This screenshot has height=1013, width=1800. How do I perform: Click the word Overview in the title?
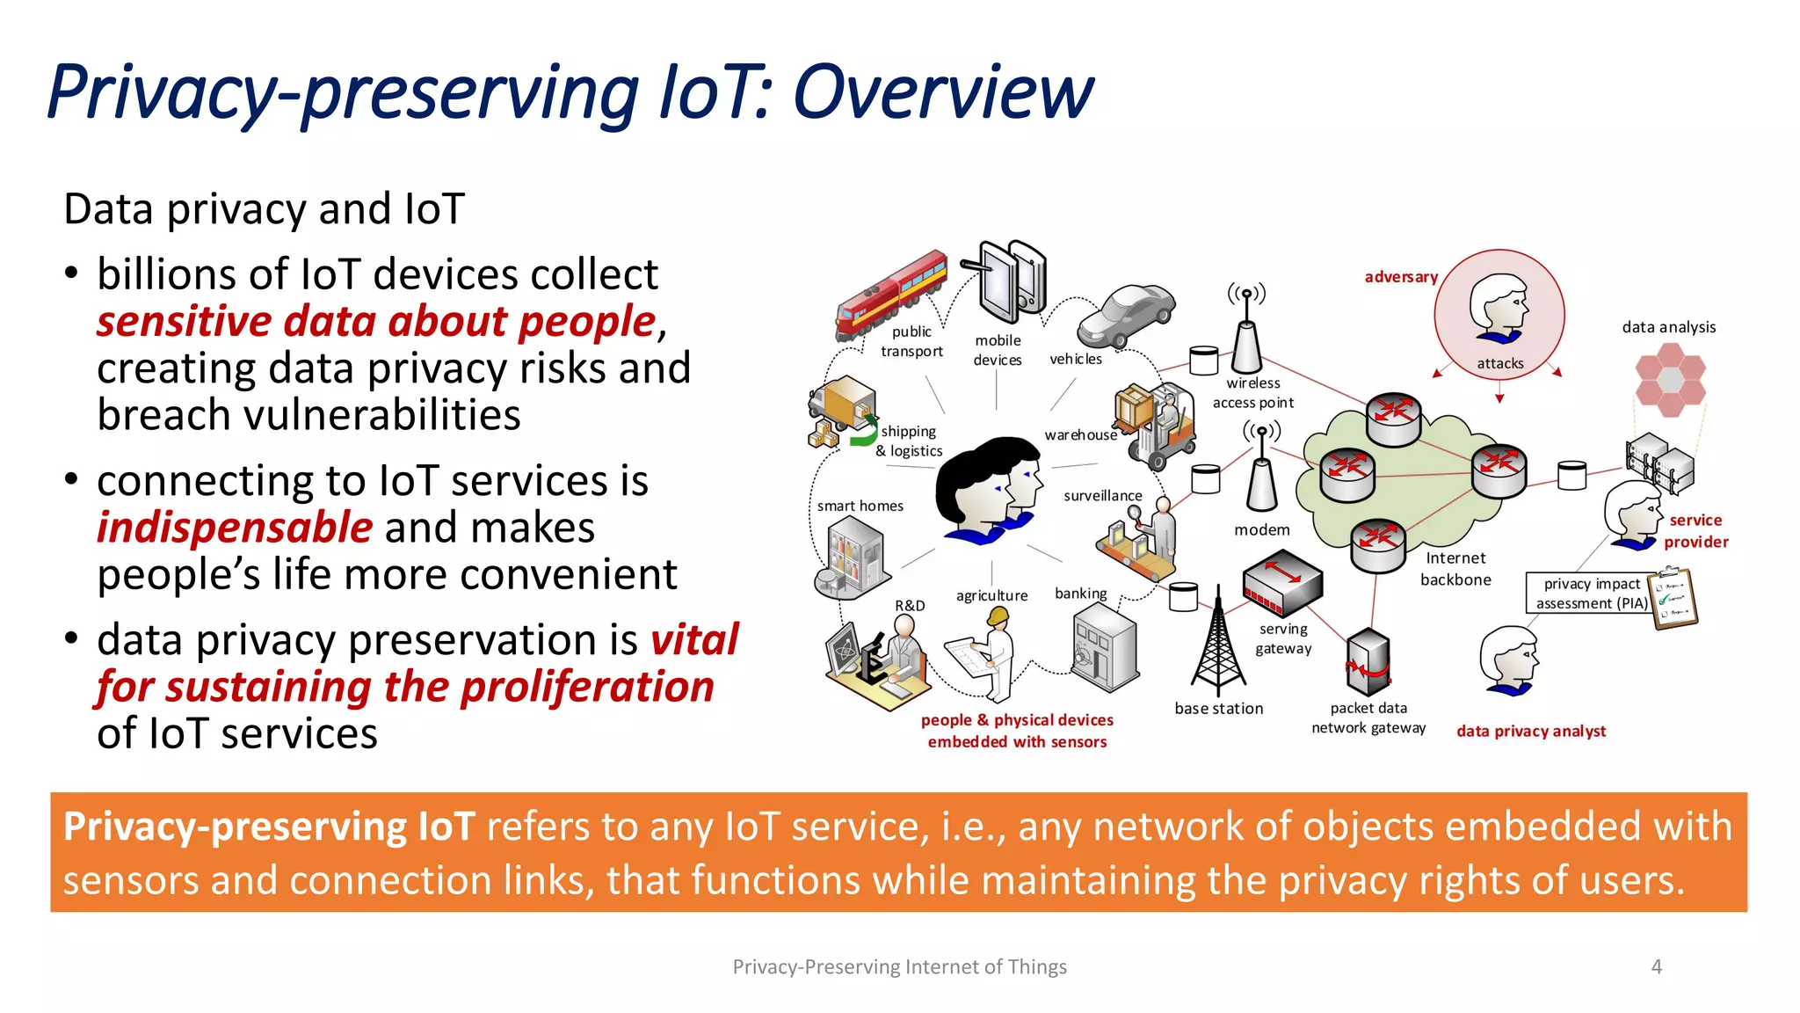[942, 92]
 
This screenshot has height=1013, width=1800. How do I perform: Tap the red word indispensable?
[235, 528]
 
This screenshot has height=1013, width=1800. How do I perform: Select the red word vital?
[694, 639]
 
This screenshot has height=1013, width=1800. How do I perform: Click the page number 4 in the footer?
[1656, 966]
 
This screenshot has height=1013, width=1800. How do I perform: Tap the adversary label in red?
[1400, 277]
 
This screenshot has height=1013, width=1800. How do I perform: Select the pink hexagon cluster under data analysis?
[1669, 379]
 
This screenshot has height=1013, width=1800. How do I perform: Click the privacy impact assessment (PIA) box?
[1591, 594]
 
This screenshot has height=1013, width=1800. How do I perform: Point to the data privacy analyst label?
[1530, 732]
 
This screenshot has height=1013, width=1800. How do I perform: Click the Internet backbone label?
[1455, 569]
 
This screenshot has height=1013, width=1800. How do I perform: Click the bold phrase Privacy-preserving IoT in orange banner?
[269, 827]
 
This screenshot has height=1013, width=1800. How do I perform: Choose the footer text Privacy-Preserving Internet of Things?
[899, 966]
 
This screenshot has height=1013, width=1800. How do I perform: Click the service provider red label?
[1695, 531]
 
